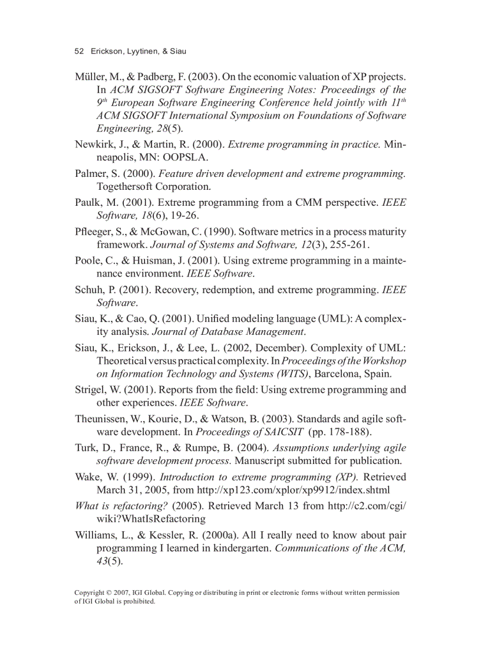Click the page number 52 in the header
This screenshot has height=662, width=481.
[79, 51]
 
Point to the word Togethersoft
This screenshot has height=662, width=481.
[124, 187]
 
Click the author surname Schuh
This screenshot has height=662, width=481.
[88, 289]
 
